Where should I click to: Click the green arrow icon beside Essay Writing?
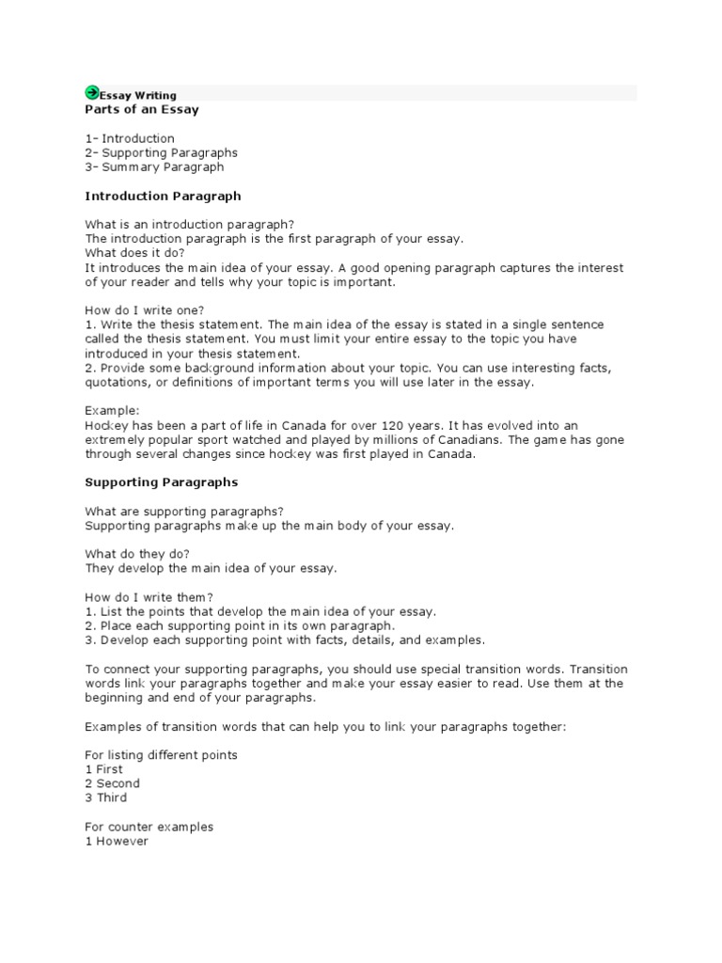[92, 92]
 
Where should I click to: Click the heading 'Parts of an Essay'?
[142, 109]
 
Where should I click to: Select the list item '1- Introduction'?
[130, 138]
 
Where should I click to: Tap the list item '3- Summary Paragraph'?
[154, 167]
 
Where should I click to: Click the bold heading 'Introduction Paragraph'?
[163, 197]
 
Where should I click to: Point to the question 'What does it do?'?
[135, 253]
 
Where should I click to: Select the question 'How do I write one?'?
[145, 310]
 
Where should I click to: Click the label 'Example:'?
[112, 411]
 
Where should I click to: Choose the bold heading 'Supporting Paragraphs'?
[161, 482]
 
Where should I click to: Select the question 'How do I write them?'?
[149, 597]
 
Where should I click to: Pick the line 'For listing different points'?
[161, 755]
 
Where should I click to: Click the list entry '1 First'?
[103, 769]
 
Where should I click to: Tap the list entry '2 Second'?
[112, 783]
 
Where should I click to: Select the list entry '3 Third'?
[106, 797]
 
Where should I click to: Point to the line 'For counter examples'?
[149, 827]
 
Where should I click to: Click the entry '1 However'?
[117, 842]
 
